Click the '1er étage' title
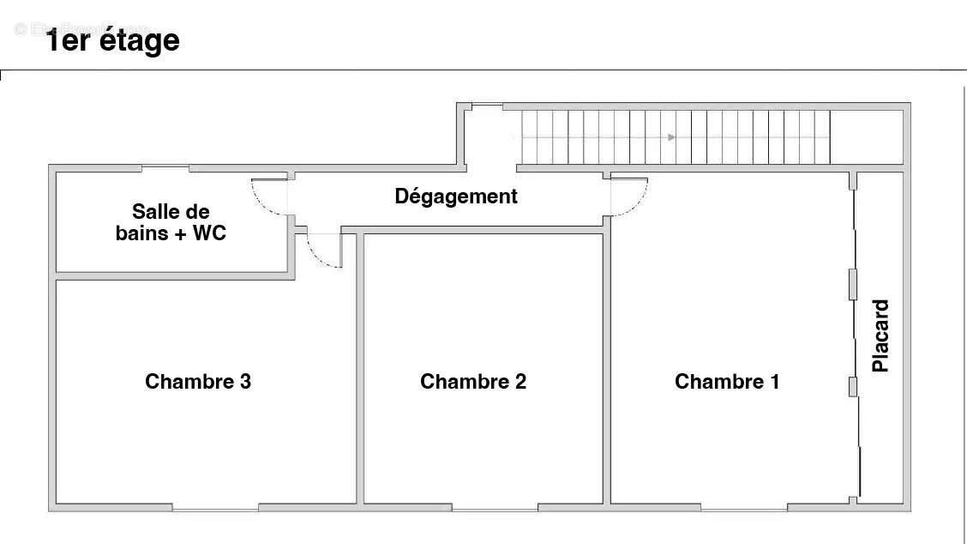113,40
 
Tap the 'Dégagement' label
456,196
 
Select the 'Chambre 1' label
727,382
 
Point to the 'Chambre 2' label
473,382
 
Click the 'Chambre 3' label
198,382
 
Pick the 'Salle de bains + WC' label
171,222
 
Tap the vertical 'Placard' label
880,335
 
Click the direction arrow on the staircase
672,136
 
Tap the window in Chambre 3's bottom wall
216,509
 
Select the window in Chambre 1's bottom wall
743,509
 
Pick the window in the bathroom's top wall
165,167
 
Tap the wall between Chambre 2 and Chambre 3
360,369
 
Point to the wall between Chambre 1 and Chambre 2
607,369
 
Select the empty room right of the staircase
867,136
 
